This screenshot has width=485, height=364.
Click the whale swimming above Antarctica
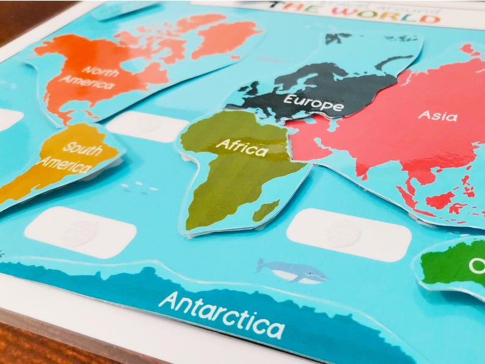click(291, 270)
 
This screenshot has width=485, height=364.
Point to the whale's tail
click(261, 265)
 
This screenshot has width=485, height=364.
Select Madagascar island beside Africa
click(266, 211)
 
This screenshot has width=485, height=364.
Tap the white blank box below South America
click(81, 232)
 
